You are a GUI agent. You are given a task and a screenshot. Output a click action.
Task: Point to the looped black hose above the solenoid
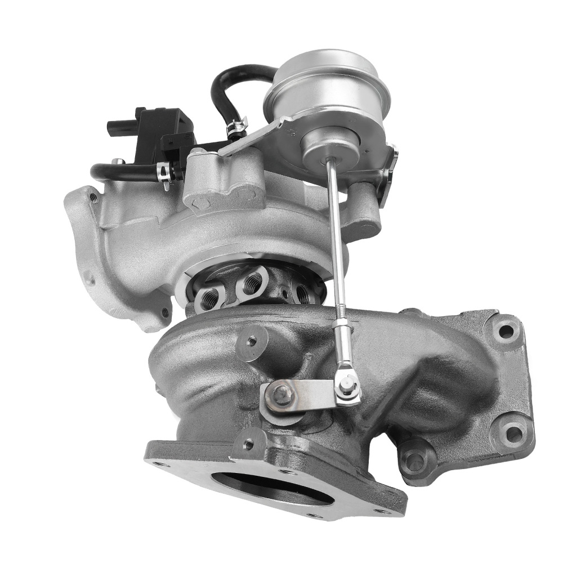click(x=225, y=90)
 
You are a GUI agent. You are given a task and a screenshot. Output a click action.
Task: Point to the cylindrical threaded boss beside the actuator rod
click(x=251, y=341)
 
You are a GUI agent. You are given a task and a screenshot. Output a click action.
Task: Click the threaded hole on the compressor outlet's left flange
click(x=93, y=198)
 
